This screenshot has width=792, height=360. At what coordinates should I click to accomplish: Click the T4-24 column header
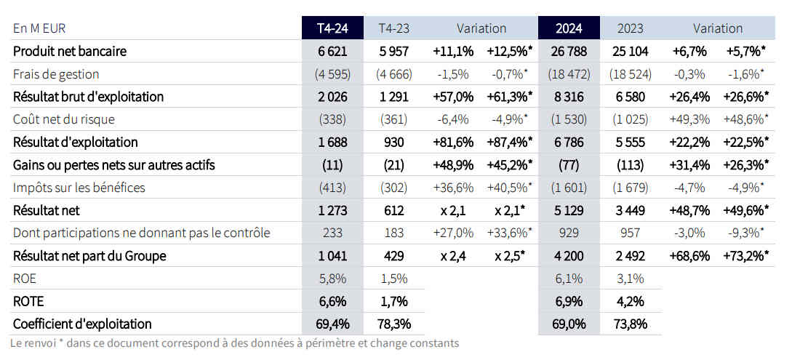[x=332, y=28]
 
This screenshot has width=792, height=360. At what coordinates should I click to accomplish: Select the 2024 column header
[x=569, y=28]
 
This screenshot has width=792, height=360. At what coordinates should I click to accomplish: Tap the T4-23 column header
[x=393, y=28]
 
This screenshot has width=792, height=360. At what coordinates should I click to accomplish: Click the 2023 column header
[x=631, y=28]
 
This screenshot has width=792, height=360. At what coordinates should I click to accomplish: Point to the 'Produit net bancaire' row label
[x=70, y=52]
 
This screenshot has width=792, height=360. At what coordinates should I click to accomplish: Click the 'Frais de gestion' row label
[x=56, y=74]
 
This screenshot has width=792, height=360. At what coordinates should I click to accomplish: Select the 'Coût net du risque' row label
[x=64, y=119]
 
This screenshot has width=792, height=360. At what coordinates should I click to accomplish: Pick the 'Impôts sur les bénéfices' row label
[x=79, y=188]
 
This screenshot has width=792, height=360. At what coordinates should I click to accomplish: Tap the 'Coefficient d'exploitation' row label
[x=82, y=324]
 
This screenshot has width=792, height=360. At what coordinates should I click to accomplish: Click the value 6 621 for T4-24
[x=332, y=52]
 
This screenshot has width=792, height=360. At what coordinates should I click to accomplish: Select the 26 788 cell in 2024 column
[x=569, y=52]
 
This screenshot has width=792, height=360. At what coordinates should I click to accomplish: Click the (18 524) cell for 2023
[x=631, y=74]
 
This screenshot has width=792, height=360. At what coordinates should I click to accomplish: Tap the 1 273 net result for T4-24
[x=332, y=210]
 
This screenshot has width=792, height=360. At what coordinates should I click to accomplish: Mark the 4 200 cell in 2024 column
[x=569, y=256]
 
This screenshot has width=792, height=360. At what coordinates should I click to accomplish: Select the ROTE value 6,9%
[x=569, y=301]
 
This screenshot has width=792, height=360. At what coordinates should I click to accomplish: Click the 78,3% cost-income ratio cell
[x=393, y=324]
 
